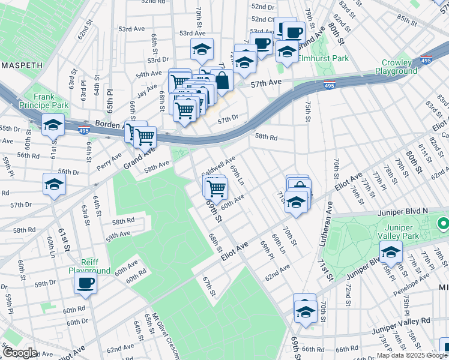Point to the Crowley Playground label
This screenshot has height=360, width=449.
pos(396,67)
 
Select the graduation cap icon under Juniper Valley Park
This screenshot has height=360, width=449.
pos(391,254)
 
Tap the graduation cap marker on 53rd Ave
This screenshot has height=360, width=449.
pos(202,50)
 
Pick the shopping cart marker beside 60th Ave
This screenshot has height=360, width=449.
pos(217,188)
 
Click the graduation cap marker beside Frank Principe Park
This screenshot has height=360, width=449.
pos(53,126)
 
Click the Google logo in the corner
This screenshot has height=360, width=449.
pos(20,352)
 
